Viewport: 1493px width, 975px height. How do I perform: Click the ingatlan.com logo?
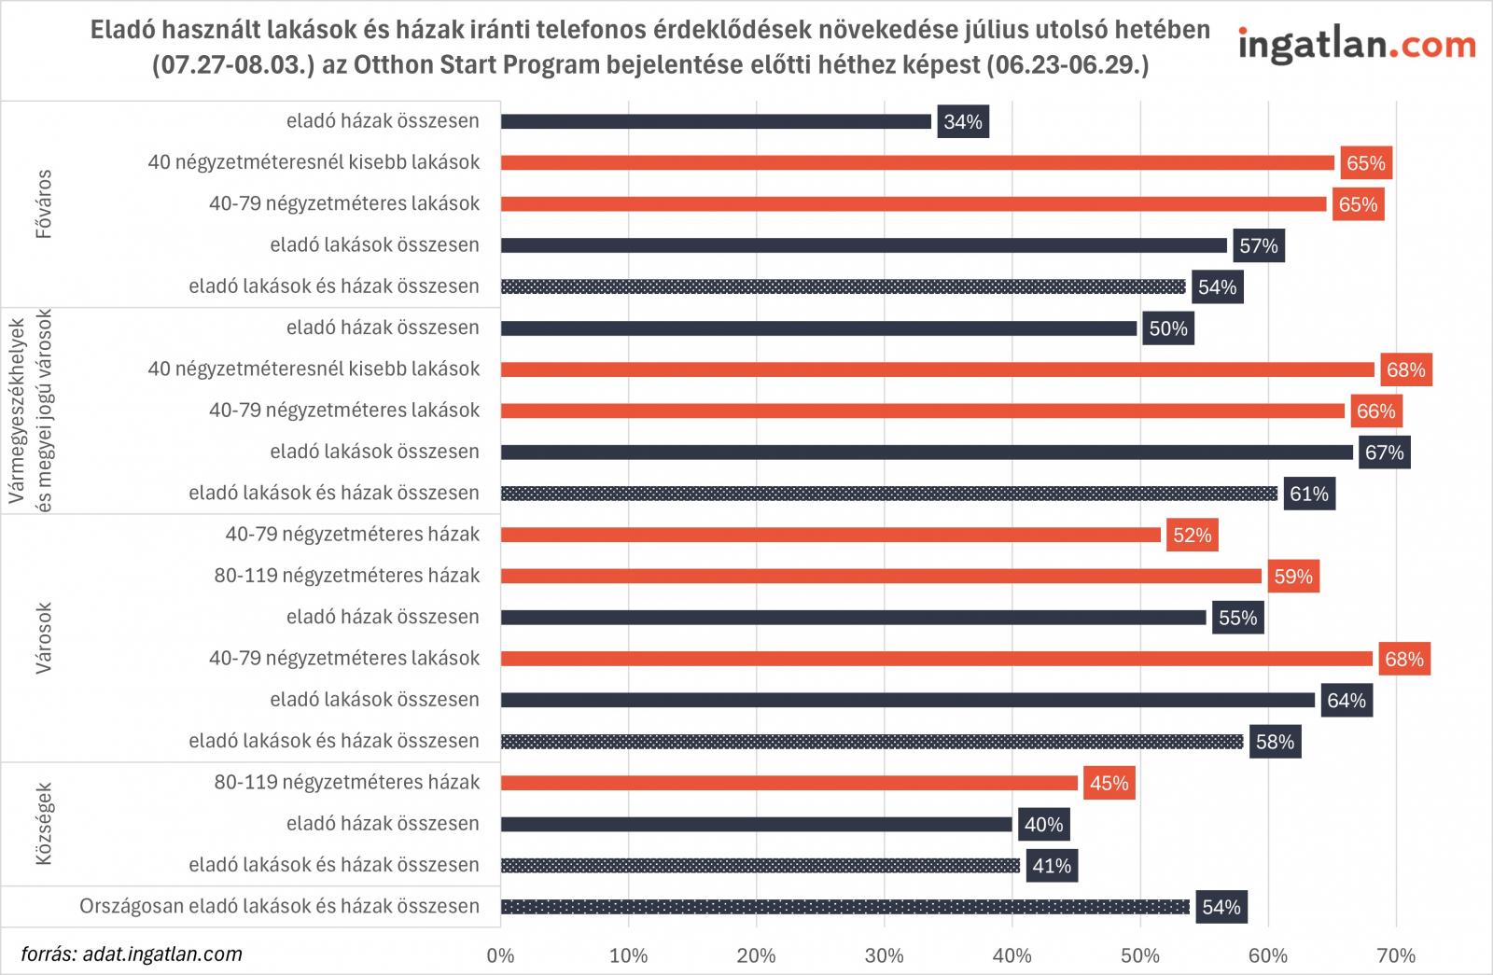point(1357,45)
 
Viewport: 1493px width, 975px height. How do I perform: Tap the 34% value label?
point(963,122)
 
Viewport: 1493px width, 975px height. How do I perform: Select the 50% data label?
point(1168,328)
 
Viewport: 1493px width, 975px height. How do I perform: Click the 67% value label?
point(1384,453)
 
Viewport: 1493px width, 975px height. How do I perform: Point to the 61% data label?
point(1308,494)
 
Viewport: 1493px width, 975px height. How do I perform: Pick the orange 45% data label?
point(1109,783)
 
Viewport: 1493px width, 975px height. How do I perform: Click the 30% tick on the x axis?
point(884,955)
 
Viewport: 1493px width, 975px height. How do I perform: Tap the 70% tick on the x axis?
point(1395,955)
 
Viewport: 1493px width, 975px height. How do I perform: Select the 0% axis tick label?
point(501,955)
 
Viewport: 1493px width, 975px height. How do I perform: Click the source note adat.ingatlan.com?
point(132,954)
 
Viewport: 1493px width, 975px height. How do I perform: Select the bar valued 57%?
point(864,245)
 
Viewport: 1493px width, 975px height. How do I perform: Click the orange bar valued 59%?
point(881,576)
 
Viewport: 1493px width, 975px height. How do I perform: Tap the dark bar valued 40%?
point(757,824)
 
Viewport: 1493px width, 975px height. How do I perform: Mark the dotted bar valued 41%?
point(760,865)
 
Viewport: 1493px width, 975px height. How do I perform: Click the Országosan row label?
point(279,906)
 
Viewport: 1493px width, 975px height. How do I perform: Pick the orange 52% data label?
point(1192,536)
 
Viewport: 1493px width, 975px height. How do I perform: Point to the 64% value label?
point(1346,701)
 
